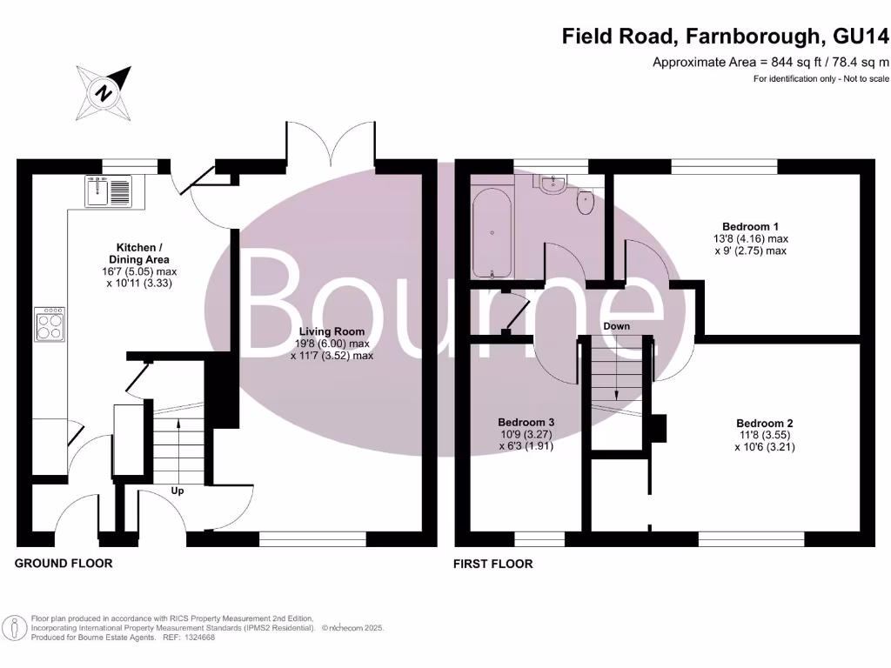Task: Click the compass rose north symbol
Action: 104,92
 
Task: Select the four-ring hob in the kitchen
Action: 49,324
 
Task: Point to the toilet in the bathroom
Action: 586,202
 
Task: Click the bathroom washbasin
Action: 551,184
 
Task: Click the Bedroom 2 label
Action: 763,424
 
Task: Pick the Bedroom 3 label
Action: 526,423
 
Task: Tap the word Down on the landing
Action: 616,326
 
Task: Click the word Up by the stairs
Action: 178,491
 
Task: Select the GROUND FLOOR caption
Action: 64,564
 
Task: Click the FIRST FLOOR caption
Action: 492,564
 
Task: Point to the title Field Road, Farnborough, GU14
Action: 726,37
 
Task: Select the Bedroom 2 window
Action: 750,539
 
